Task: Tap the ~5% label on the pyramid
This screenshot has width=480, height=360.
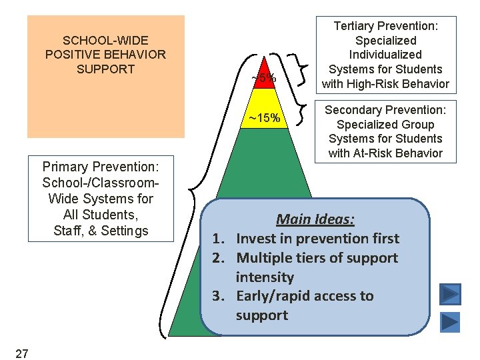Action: [263, 79]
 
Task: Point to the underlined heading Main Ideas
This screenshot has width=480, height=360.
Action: [315, 219]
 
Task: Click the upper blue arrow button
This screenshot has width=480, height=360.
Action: [450, 293]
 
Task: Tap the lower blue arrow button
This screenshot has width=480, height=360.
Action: [450, 322]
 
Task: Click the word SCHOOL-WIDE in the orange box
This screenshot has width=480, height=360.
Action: [105, 40]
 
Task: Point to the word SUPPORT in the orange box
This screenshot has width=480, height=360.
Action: [105, 69]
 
